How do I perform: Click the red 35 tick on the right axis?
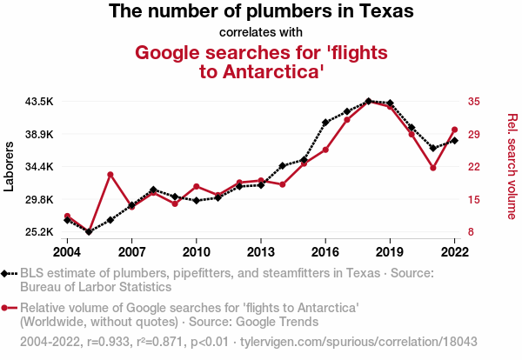pyautogui.click(x=473, y=102)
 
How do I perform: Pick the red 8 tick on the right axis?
pyautogui.click(x=470, y=232)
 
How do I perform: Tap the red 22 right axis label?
pyautogui.click(x=473, y=167)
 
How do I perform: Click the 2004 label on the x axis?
pyautogui.click(x=67, y=251)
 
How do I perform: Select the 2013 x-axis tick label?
pyautogui.click(x=260, y=251)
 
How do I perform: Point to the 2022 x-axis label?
pyautogui.click(x=454, y=251)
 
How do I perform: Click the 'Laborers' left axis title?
pyautogui.click(x=10, y=166)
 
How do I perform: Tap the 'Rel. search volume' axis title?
pyautogui.click(x=512, y=166)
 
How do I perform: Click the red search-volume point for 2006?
pyautogui.click(x=110, y=175)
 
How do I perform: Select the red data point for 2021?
pyautogui.click(x=432, y=167)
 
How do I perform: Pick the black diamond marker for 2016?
pyautogui.click(x=325, y=123)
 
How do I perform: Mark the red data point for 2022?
pyautogui.click(x=454, y=130)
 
